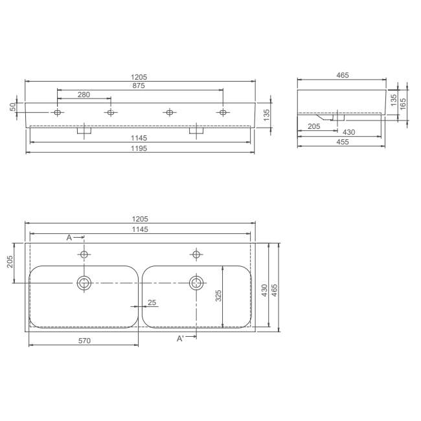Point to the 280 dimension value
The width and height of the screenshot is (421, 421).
point(84,95)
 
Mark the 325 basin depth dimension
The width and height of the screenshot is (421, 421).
point(219,296)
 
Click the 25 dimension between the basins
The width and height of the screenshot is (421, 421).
point(152,302)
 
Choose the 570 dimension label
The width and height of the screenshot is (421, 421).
point(84,340)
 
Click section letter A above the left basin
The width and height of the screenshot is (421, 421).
point(69,238)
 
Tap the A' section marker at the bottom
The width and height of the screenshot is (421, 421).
point(181,338)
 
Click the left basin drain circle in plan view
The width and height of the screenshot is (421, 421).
point(84,282)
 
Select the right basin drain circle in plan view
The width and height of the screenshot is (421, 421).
point(196,282)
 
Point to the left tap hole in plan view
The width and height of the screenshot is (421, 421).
point(84,253)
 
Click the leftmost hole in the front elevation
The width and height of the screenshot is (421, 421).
point(58,113)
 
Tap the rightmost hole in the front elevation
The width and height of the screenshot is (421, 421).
point(223,113)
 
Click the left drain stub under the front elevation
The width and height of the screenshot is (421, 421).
point(84,130)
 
